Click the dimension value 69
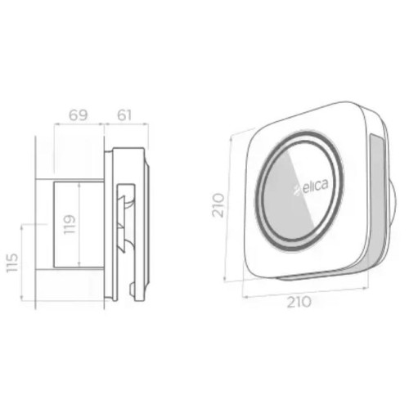coord(79,115)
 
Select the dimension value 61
coord(124,115)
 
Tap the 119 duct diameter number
coord(70,224)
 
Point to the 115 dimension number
coord(12,263)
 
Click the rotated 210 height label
coord(218,205)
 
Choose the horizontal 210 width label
coord(299,302)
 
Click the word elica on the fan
coord(316,187)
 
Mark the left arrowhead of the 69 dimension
coord(56,125)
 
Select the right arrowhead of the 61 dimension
coord(146,125)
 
